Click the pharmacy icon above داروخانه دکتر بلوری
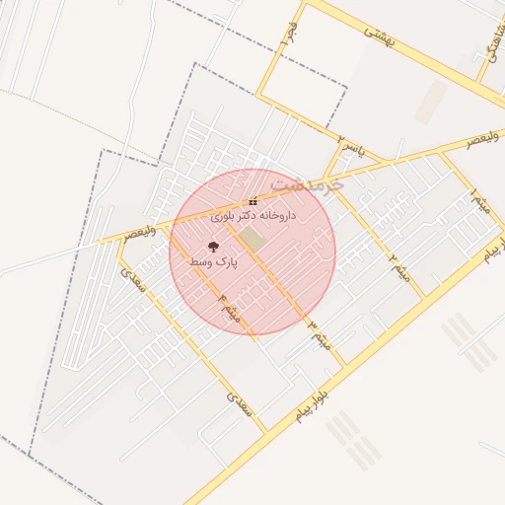click(253, 201)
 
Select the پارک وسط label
click(214, 263)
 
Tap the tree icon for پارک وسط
click(214, 248)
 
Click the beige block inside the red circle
click(253, 239)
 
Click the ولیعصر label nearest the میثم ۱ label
click(483, 140)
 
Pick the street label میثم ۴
click(230, 309)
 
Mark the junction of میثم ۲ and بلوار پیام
click(424, 298)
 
